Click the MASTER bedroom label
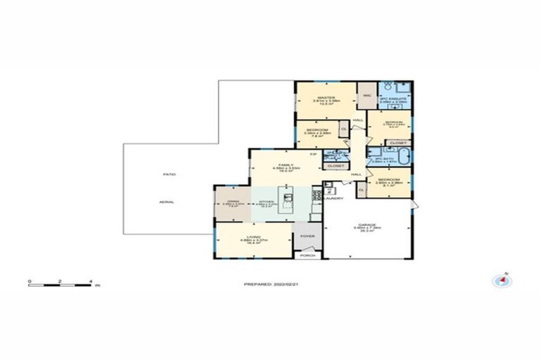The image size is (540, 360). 325,98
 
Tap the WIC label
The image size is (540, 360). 366,95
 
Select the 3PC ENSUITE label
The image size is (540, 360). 394,99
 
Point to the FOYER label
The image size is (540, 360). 307,236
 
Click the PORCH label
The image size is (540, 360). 307,255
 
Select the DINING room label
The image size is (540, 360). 227,202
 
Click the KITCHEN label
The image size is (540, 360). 265,202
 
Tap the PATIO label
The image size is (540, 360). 169,174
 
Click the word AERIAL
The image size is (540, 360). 167,202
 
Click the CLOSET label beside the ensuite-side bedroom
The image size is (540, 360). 397,143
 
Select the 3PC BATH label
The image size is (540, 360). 383,159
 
